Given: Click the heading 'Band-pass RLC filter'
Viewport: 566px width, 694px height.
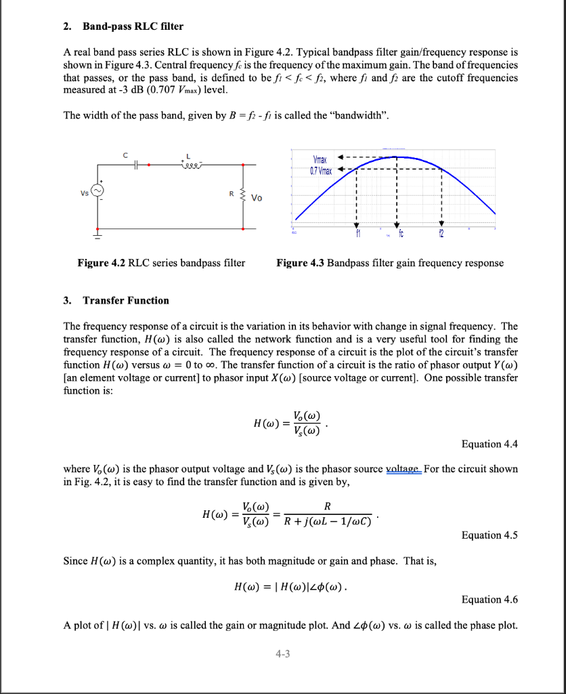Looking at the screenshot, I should pos(133,26).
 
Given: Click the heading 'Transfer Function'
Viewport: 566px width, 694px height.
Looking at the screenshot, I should pos(126,300).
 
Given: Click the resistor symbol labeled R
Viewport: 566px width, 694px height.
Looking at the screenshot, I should pos(243,197).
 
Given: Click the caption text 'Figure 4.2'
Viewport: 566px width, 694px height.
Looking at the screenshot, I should pos(102,263).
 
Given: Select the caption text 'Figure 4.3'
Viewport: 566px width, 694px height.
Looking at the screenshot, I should pos(301,263).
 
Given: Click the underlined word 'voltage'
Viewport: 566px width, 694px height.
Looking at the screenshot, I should pos(403,469).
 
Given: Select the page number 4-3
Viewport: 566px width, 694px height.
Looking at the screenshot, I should pos(282,653).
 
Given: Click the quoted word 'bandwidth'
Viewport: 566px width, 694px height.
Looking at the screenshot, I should pos(361,115).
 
